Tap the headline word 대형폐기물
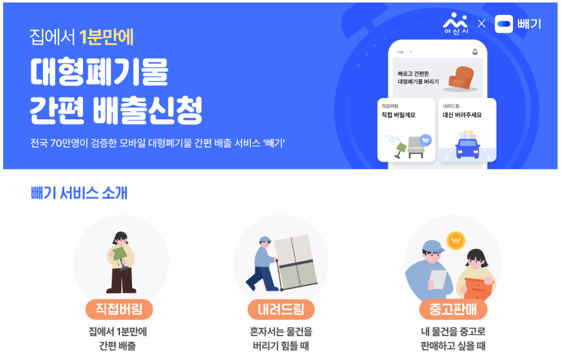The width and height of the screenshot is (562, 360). pyautogui.click(x=99, y=74)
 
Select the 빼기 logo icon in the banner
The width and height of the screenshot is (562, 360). pyautogui.click(x=504, y=25)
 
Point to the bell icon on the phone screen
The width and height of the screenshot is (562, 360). pyautogui.click(x=475, y=52)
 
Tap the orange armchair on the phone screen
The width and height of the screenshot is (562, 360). pyautogui.click(x=465, y=77)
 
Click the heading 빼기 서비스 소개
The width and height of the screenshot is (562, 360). pyautogui.click(x=79, y=193)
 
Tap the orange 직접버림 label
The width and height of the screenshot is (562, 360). pyautogui.click(x=119, y=309)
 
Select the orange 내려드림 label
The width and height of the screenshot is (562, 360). pyautogui.click(x=280, y=309)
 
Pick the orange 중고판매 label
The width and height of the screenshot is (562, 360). pyautogui.click(x=453, y=309)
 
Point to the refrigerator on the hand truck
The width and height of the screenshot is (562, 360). pyautogui.click(x=294, y=261)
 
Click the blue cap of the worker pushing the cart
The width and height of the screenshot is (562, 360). pyautogui.click(x=264, y=240)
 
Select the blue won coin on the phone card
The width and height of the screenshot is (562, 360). pyautogui.click(x=426, y=140)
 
